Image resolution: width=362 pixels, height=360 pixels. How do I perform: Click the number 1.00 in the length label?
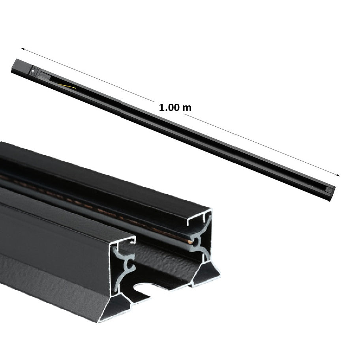tap(170, 107)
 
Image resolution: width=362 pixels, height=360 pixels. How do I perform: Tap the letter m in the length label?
tap(187, 107)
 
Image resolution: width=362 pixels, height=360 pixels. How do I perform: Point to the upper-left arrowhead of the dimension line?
tap(23, 49)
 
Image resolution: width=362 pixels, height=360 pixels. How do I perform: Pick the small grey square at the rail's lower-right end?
tap(328, 190)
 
